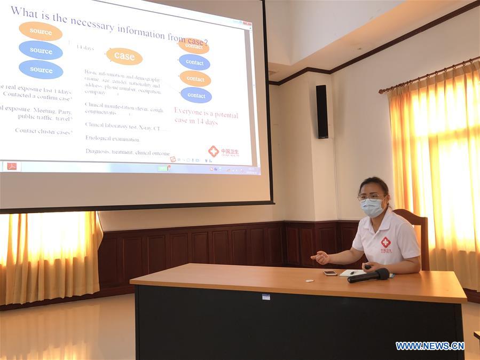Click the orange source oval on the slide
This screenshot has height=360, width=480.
[41, 31]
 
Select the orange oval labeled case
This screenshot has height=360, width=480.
[124, 56]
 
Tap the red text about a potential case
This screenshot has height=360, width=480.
[206, 118]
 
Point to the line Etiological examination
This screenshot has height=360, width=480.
[112, 139]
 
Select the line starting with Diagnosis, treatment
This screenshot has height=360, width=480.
[127, 152]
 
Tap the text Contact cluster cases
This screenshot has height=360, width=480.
[43, 131]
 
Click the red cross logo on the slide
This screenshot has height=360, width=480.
[214, 151]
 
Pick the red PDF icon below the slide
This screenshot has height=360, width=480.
[12, 166]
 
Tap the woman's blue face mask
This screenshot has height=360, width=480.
[372, 207]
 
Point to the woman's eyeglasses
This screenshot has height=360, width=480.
[370, 197]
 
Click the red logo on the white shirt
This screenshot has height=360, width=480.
[385, 243]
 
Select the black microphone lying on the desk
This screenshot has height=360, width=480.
[369, 276]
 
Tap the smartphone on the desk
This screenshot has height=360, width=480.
[330, 273]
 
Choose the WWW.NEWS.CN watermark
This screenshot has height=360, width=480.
[430, 346]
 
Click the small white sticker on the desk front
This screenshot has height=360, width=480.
[265, 296]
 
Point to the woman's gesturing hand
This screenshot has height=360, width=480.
[320, 258]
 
